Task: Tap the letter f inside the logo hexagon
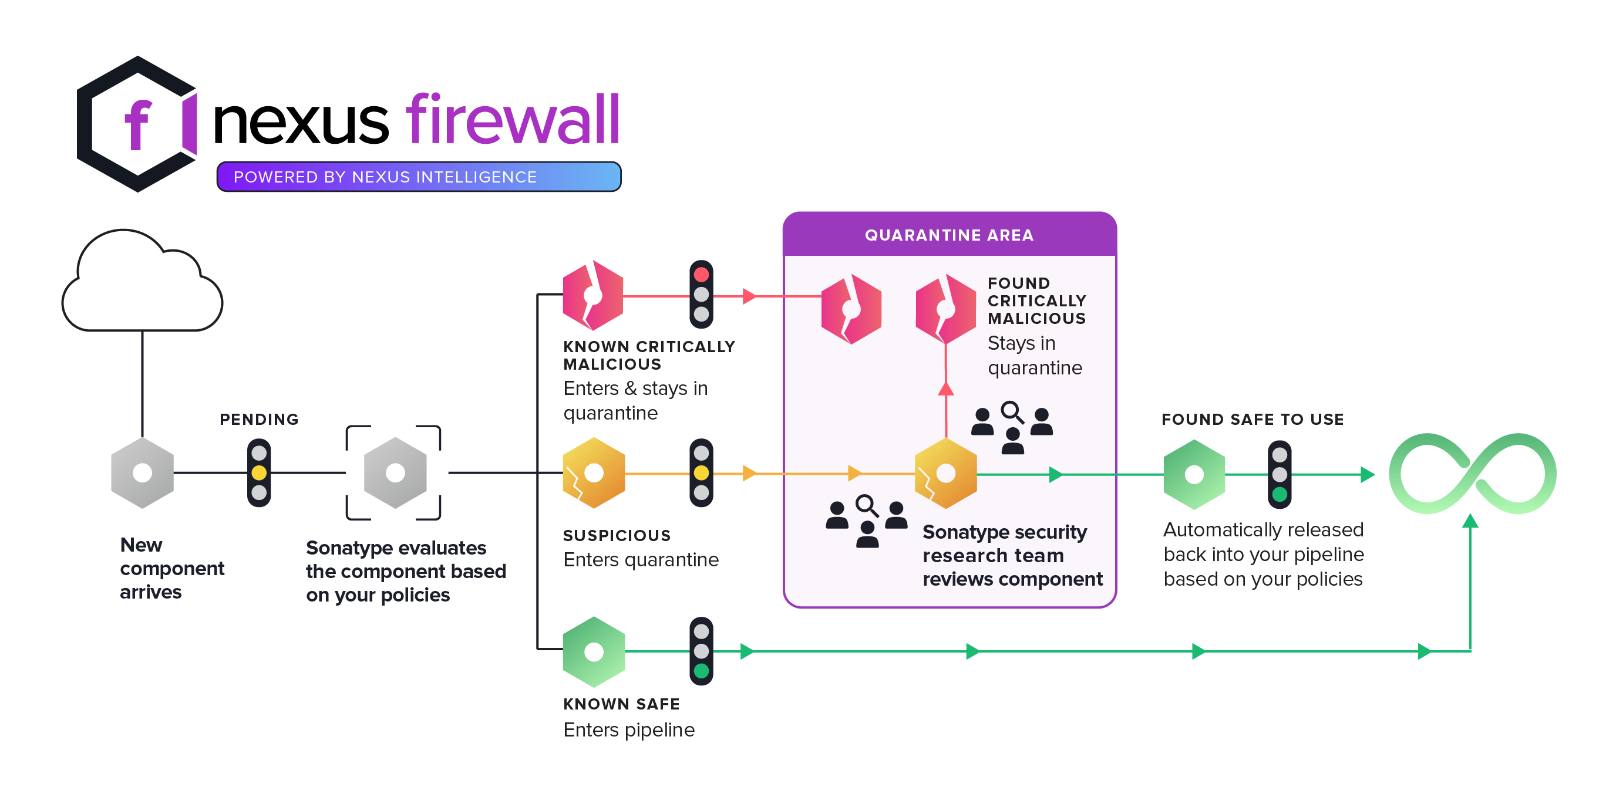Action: (x=137, y=125)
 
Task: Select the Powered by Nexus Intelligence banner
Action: (x=418, y=177)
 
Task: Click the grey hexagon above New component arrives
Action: (x=143, y=472)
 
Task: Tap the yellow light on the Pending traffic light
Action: (x=259, y=472)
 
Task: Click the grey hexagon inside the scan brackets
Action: (x=395, y=472)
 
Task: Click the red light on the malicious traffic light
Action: (x=701, y=275)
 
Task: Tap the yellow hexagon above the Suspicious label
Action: (x=594, y=472)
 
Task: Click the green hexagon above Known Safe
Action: (x=594, y=651)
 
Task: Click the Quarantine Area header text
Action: (x=948, y=235)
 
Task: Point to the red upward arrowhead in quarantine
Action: (x=945, y=389)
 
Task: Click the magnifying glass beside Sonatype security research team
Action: (x=867, y=505)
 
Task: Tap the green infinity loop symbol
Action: (x=1472, y=474)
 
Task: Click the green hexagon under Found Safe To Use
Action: (x=1194, y=474)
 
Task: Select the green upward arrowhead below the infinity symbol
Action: (x=1470, y=521)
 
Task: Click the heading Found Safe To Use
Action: (x=1252, y=419)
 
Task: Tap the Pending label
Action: (x=259, y=419)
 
